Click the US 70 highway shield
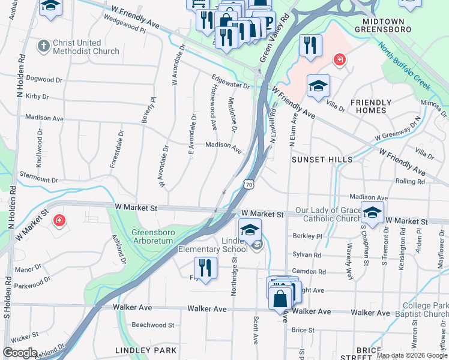click(x=249, y=185)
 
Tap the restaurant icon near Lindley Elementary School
click(x=205, y=269)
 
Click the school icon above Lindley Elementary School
click(x=250, y=230)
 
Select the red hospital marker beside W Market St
click(x=59, y=220)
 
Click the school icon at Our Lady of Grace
click(x=372, y=212)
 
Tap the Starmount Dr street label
click(x=39, y=180)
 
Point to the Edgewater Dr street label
click(x=230, y=82)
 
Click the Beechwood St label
click(x=152, y=325)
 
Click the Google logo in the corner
click(x=20, y=353)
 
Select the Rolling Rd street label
click(x=409, y=181)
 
